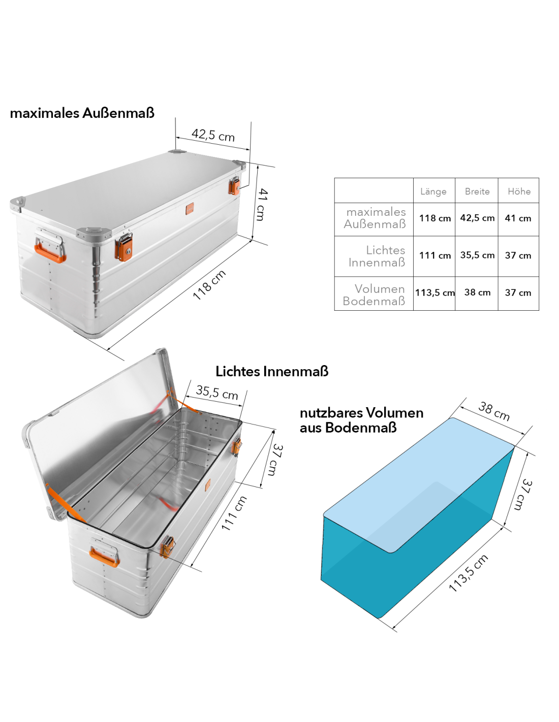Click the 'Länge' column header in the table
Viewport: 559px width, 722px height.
433,192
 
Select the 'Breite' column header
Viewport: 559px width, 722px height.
477,191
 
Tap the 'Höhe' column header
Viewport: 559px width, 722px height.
519,191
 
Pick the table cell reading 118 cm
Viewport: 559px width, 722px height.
434,218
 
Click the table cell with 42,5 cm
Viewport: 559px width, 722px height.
477,218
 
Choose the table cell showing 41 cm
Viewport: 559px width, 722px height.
518,218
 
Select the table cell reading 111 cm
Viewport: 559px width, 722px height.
434,255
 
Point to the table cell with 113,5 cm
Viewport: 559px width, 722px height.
434,293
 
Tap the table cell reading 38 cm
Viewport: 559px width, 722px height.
477,292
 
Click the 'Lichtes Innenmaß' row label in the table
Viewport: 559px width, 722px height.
377,256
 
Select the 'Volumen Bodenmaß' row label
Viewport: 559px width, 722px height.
374,294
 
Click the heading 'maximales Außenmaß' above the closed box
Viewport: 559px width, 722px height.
82,113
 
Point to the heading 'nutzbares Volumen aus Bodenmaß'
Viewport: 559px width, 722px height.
361,420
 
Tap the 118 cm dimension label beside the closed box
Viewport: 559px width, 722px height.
209,285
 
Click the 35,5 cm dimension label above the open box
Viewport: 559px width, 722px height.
217,392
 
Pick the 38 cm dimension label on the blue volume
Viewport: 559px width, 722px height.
494,411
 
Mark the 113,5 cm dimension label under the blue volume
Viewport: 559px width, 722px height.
468,573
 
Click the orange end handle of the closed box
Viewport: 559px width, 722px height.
50,253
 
